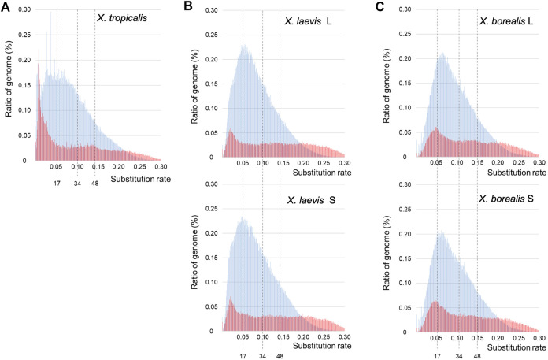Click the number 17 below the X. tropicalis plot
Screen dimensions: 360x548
pos(57,184)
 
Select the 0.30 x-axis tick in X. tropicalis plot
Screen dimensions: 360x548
pos(160,167)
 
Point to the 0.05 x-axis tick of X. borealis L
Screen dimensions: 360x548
pos(436,163)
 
